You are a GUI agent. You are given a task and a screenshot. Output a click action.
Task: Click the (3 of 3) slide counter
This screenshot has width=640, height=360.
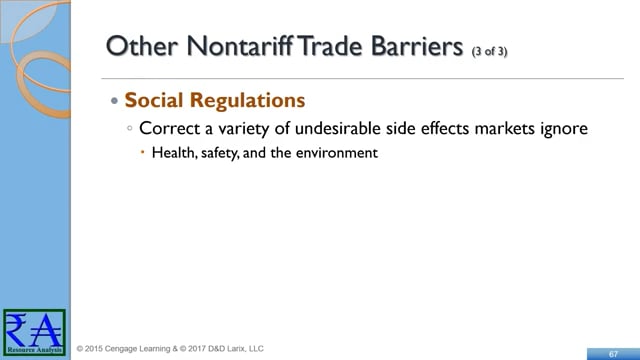(489, 51)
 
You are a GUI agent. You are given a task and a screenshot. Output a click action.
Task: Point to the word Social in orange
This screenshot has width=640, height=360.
(153, 100)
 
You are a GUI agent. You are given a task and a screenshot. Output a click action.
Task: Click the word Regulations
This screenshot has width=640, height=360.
(247, 100)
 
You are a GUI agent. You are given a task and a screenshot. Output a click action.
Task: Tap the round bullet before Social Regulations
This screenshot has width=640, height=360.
(114, 100)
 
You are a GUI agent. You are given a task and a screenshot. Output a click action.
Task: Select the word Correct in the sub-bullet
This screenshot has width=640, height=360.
(169, 128)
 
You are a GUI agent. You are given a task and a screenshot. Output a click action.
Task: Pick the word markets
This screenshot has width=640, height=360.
(504, 128)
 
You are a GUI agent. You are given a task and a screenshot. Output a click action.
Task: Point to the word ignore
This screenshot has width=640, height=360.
(564, 129)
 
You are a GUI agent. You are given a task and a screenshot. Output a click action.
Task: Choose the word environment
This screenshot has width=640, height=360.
(337, 153)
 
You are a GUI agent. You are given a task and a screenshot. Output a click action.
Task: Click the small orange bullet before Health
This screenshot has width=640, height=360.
(142, 152)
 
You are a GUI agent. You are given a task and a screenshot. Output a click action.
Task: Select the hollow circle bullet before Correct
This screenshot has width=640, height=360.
(130, 128)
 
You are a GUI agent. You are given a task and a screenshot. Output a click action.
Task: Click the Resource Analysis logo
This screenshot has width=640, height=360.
(34, 332)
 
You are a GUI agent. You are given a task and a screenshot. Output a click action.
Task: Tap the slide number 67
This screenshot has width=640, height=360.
(613, 354)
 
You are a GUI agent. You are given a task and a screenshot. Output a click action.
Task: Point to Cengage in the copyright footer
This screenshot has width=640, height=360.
(121, 349)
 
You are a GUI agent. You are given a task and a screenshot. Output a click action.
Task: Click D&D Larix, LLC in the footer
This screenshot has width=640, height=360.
(236, 349)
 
